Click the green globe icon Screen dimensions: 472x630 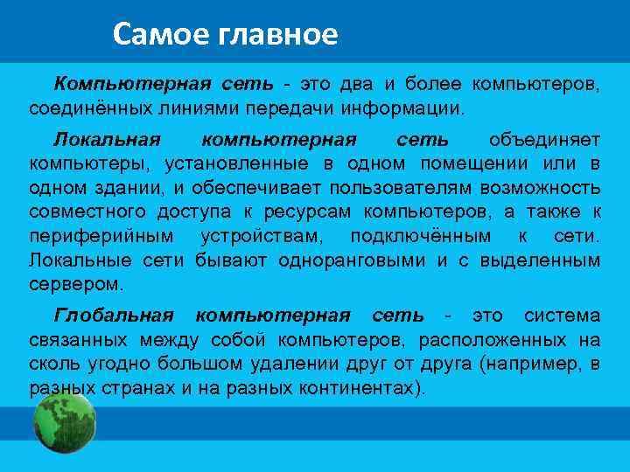click(x=64, y=424)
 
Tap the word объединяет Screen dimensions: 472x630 click(x=544, y=140)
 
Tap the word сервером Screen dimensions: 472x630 click(x=76, y=284)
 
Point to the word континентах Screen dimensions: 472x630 click(x=352, y=387)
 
